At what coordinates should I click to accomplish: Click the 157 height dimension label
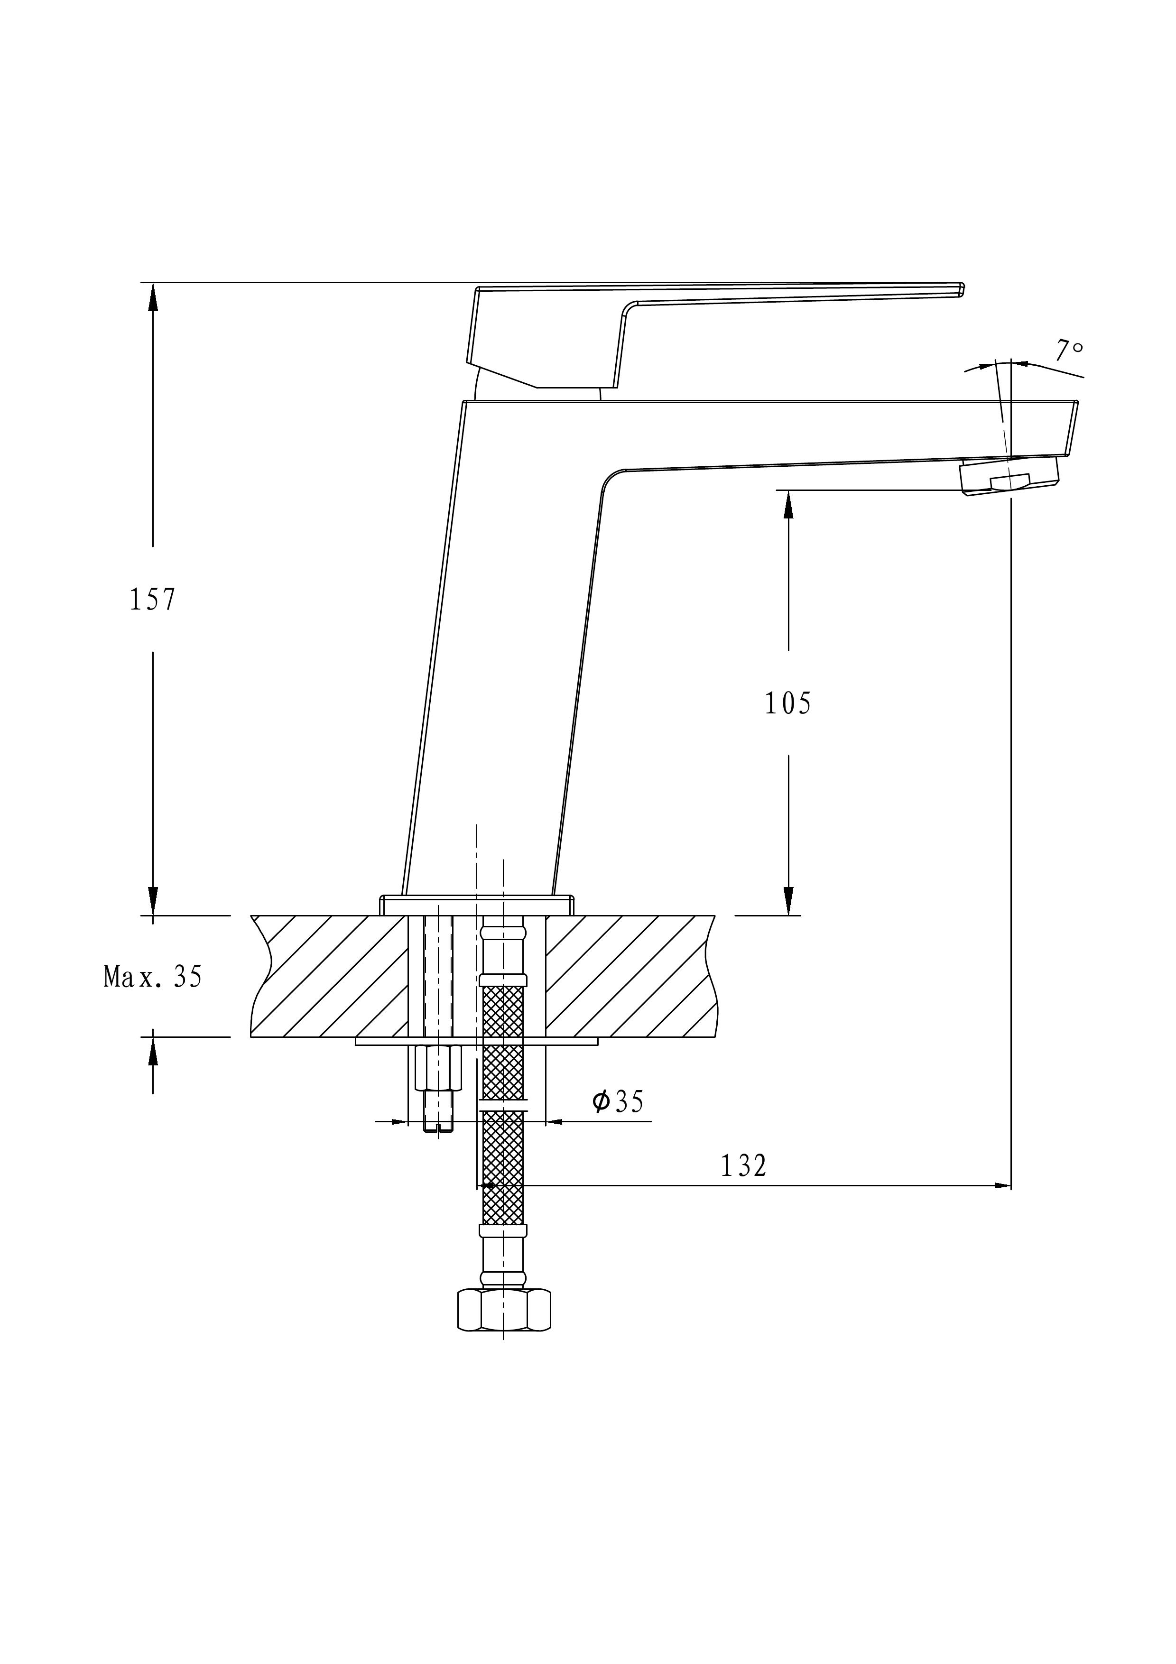coord(152,600)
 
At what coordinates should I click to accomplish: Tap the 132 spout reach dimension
coord(743,1165)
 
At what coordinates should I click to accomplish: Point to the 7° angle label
coord(1069,351)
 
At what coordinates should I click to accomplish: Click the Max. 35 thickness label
coord(153,977)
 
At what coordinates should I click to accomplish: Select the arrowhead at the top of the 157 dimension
coord(153,296)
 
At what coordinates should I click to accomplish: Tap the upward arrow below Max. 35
coord(153,1051)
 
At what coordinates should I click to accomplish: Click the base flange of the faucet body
coord(477,905)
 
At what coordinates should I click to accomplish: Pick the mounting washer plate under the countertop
coord(477,1042)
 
